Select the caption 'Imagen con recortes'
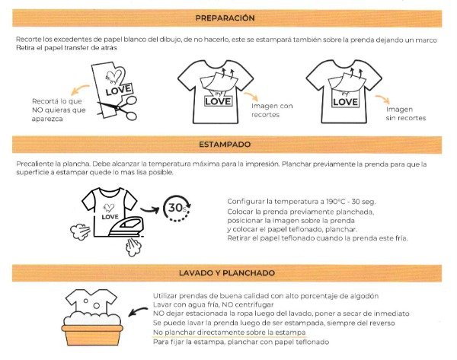tap(272, 110)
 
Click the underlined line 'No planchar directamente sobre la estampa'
tap(229, 333)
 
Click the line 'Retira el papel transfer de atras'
tap(64, 48)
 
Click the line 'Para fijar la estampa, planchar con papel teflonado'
tap(240, 342)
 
